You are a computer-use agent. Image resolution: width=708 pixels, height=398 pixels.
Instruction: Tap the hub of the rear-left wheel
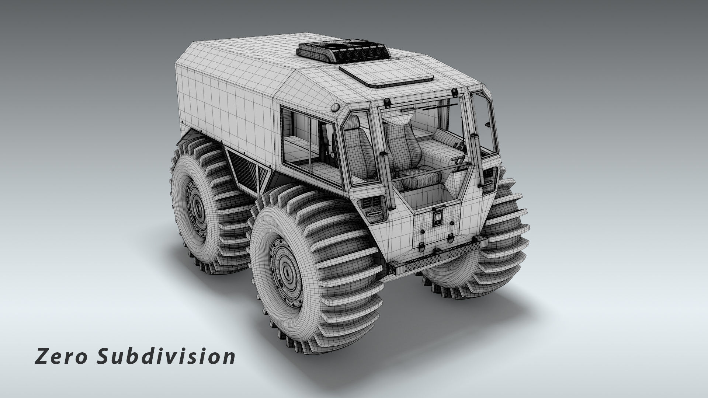[198, 209]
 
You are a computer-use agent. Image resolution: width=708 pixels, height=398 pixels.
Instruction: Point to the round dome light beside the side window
[335, 107]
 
